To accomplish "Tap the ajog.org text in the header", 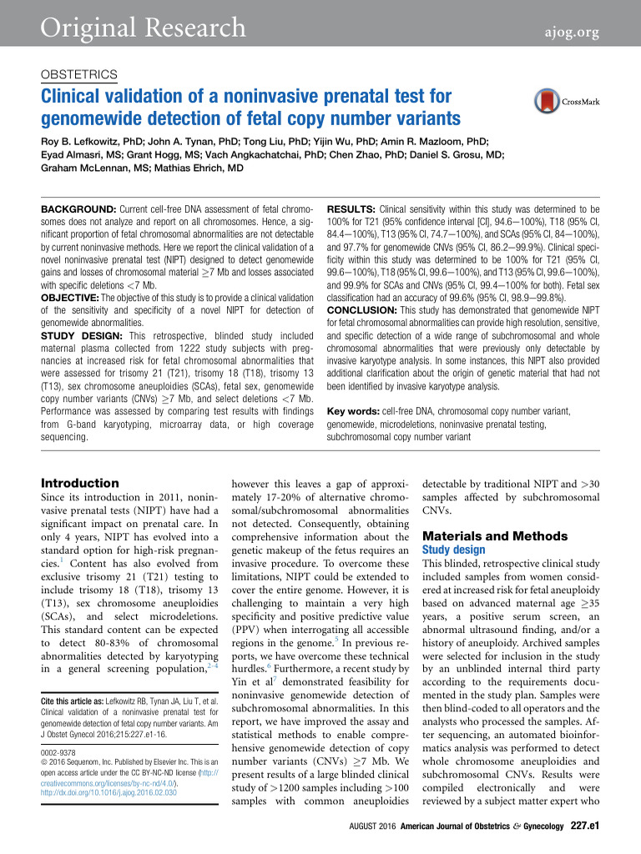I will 572,33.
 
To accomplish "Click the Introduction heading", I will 80,483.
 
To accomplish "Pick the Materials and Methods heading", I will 484,535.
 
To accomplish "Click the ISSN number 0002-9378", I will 61,740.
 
